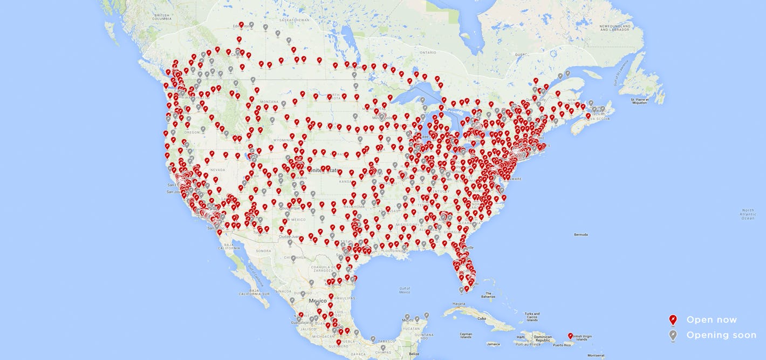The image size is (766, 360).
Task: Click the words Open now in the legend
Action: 711,320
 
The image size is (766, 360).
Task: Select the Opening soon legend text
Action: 721,335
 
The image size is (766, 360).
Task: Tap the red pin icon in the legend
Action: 673,320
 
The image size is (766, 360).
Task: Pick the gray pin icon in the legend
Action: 673,335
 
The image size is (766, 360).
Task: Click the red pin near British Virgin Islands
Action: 570,336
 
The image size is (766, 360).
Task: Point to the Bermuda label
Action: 580,235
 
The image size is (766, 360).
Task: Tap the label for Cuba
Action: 481,318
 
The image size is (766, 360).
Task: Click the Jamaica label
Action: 492,344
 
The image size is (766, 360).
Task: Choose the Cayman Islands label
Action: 467,336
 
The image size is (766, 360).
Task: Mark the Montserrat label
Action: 596,355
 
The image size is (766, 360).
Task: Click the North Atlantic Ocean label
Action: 748,214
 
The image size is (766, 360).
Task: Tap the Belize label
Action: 413,354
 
